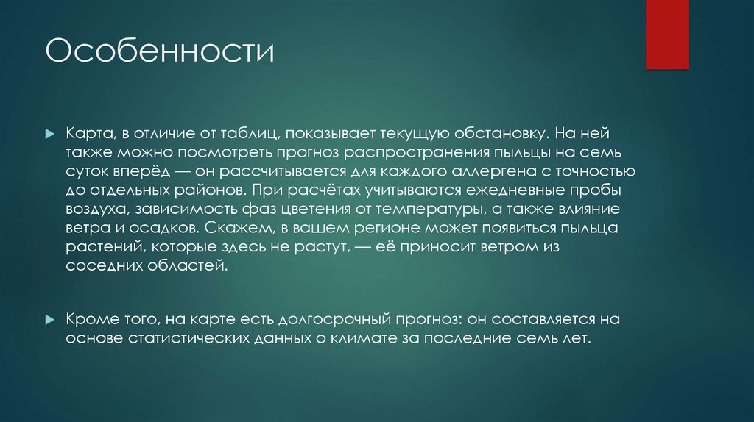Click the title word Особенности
point(160,54)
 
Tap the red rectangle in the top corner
point(667,34)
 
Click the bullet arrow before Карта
point(49,135)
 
